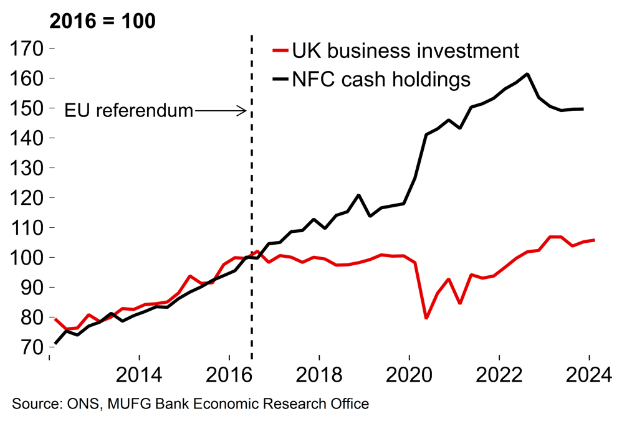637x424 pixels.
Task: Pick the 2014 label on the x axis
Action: [x=139, y=376]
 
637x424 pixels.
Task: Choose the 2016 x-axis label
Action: [x=229, y=376]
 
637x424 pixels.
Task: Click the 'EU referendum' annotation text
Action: [x=129, y=111]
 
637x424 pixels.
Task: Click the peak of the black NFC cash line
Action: [x=528, y=74]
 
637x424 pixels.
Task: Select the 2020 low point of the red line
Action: [x=426, y=318]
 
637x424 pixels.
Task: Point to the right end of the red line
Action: [x=593, y=240]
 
